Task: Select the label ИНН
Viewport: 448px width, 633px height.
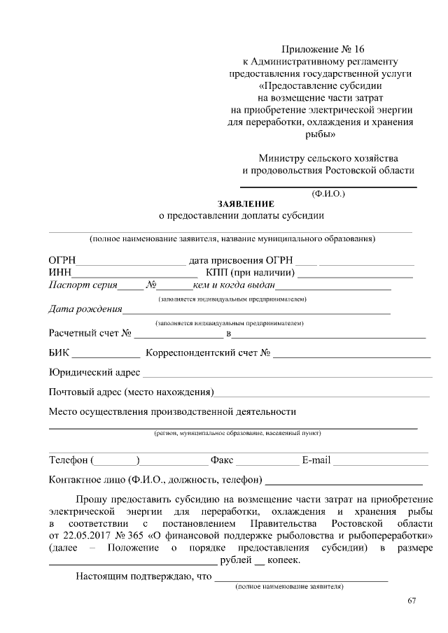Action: tap(59, 273)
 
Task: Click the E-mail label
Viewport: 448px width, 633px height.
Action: tap(316, 460)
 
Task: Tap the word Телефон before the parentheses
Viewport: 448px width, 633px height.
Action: tap(69, 460)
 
